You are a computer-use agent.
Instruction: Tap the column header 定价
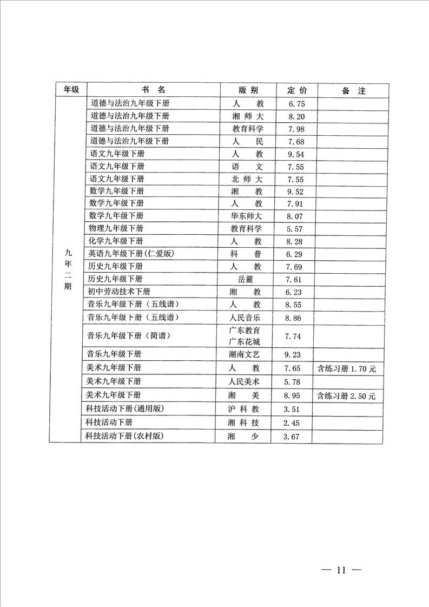point(297,90)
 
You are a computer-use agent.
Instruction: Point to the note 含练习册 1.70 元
point(347,369)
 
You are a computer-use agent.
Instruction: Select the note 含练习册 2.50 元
point(346,396)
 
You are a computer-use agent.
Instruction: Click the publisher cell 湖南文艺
point(245,355)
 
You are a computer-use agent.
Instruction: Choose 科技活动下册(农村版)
point(125,436)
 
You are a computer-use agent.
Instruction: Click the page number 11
point(340,570)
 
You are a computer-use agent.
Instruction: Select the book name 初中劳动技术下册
point(120,292)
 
